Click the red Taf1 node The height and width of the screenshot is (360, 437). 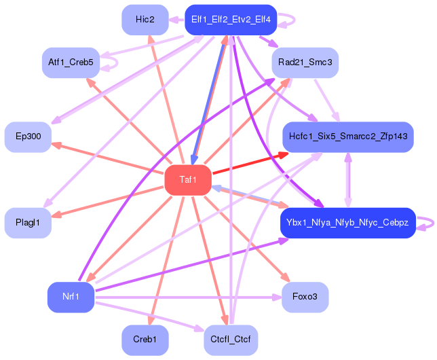click(188, 180)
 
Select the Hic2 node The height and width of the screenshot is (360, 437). click(145, 20)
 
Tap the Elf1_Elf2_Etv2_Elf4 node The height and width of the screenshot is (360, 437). click(231, 20)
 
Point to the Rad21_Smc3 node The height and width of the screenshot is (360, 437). click(305, 62)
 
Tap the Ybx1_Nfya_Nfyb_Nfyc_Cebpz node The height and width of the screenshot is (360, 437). click(347, 223)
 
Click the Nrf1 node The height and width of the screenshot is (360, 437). click(71, 297)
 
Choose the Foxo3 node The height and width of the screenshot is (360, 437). click(305, 297)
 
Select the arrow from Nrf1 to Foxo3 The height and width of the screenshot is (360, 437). click(190, 297)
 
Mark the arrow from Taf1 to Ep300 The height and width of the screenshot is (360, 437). click(102, 157)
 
